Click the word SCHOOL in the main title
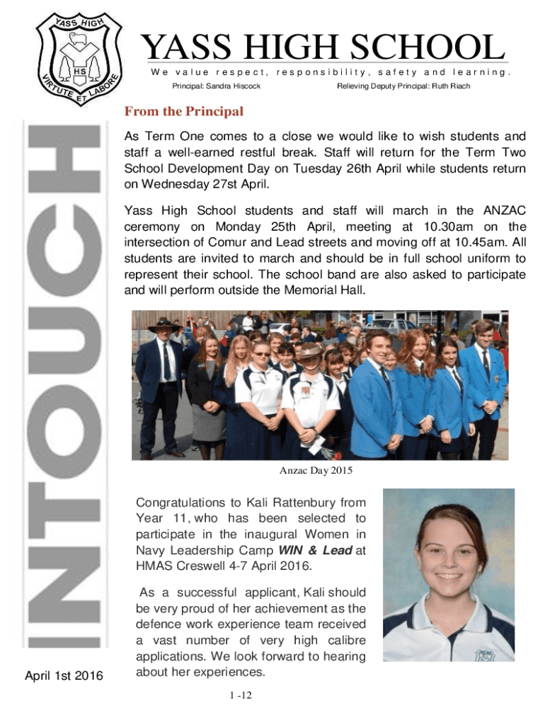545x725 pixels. pyautogui.click(x=425, y=48)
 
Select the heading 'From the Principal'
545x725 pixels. pyautogui.click(x=183, y=112)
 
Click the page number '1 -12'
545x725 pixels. pyautogui.click(x=241, y=695)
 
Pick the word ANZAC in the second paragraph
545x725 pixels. pyautogui.click(x=504, y=210)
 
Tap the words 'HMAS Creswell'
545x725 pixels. pyautogui.click(x=173, y=566)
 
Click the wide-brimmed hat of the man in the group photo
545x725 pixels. pyautogui.click(x=163, y=325)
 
